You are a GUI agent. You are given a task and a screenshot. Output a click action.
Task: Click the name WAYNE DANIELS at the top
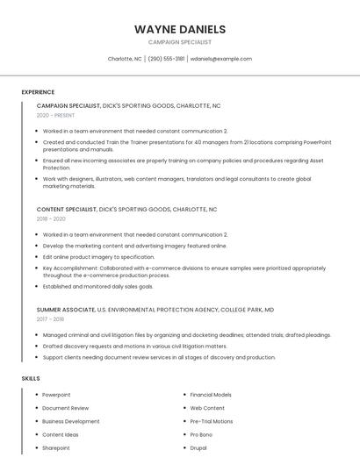179,28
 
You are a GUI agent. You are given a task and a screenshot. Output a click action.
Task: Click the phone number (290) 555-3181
166,59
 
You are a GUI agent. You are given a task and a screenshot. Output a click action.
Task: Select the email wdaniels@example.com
220,59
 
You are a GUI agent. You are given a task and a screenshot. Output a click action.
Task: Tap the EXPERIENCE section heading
38,92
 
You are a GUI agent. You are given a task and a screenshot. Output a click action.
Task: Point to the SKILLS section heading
30,378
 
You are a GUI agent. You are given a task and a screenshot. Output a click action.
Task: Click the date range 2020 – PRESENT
55,115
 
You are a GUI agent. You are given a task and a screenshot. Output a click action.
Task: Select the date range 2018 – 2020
51,219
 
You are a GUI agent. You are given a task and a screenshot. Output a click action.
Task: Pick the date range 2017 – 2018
50,319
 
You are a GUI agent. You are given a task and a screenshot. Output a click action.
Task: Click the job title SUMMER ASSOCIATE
66,310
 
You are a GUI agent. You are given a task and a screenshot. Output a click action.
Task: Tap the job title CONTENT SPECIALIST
67,210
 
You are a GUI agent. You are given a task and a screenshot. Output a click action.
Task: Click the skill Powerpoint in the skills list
56,395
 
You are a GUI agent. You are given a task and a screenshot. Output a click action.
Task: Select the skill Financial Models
211,395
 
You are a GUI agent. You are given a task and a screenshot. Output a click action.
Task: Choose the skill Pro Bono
202,434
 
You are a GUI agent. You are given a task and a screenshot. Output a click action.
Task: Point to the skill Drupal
198,447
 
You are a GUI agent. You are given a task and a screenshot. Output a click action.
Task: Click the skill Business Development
71,421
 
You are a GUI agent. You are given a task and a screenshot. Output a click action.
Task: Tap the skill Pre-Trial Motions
212,421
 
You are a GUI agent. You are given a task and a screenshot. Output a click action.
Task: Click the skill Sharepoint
55,447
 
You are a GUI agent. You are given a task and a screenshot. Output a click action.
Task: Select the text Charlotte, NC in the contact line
125,59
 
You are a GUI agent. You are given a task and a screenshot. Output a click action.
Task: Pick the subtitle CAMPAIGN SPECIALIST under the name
179,41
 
